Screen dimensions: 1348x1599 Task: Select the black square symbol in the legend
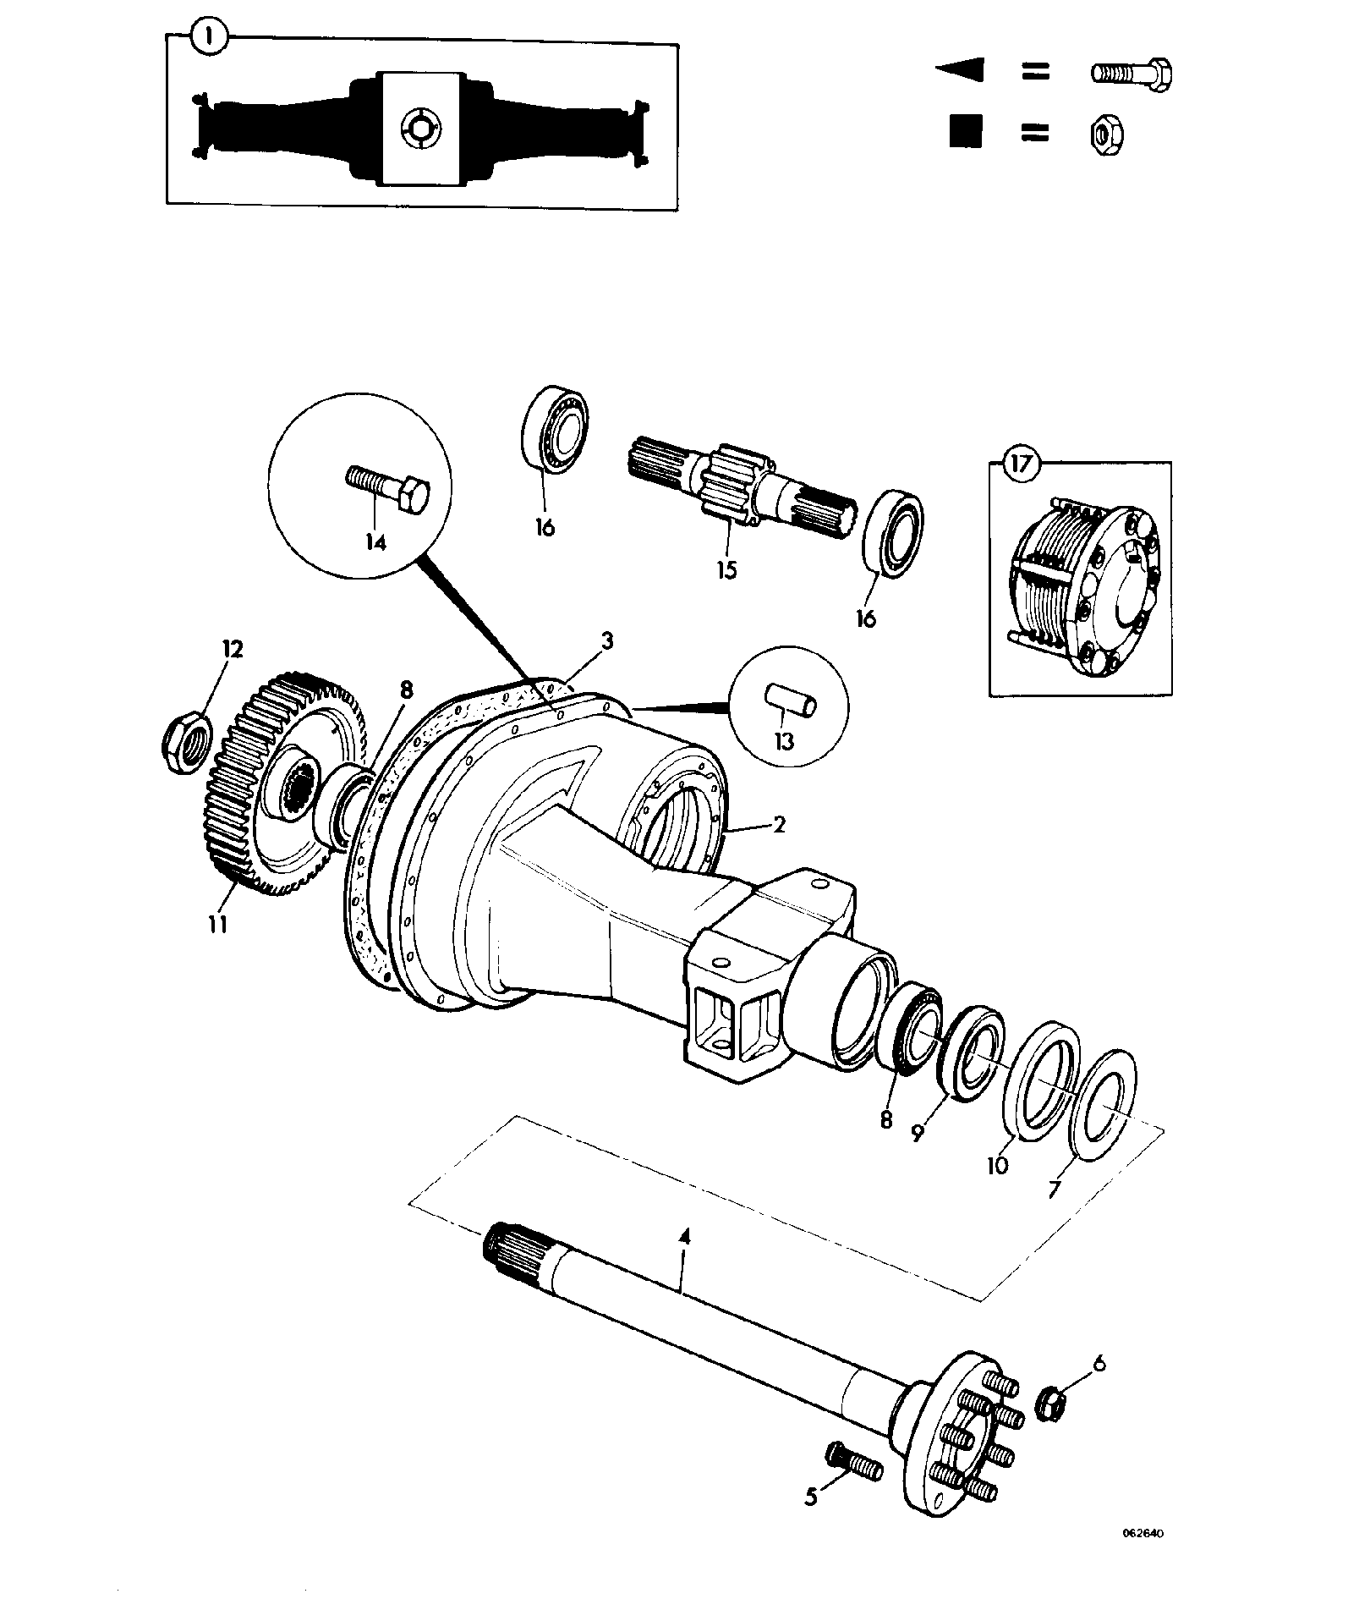[965, 132]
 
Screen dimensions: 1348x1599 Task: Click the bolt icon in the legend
[1131, 74]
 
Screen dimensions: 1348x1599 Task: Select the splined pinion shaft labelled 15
[744, 488]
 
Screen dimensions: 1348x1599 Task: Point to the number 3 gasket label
[606, 640]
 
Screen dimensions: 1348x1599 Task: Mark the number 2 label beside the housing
[779, 823]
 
